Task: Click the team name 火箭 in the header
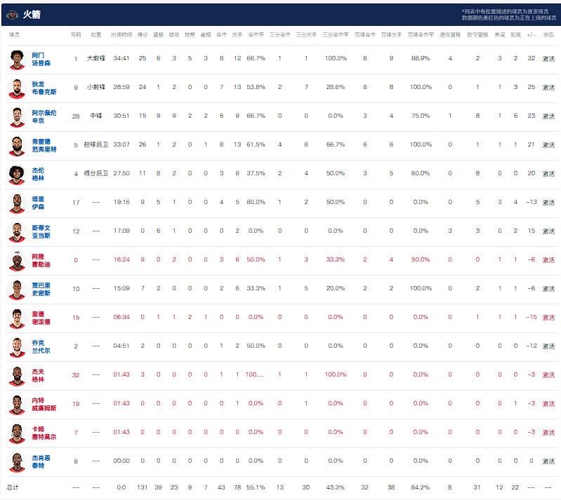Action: click(x=32, y=14)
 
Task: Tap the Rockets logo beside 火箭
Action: click(x=12, y=14)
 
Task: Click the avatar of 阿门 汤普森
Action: click(x=17, y=58)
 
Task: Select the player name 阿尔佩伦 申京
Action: click(x=44, y=116)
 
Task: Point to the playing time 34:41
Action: click(x=121, y=58)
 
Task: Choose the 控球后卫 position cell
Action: click(x=96, y=144)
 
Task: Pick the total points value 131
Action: click(x=142, y=487)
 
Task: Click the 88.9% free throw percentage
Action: click(x=420, y=58)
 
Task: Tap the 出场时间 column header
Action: click(x=121, y=34)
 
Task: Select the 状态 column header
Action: click(x=548, y=34)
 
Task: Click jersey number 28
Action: click(x=76, y=116)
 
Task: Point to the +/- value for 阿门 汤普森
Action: click(x=531, y=58)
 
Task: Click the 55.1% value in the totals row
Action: click(x=256, y=487)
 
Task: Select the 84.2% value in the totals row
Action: click(x=420, y=487)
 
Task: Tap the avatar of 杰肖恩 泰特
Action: click(x=17, y=461)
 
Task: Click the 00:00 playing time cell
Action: click(x=121, y=461)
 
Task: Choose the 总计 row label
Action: click(x=13, y=487)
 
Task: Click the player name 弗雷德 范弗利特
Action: click(x=44, y=144)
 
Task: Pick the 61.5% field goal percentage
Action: click(x=256, y=144)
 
